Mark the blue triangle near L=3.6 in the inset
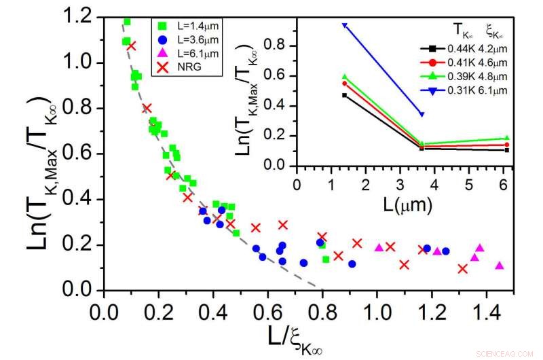[x=422, y=114]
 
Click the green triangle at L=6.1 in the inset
[x=507, y=138]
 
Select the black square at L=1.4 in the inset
[x=345, y=95]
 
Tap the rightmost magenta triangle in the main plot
[x=500, y=266]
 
